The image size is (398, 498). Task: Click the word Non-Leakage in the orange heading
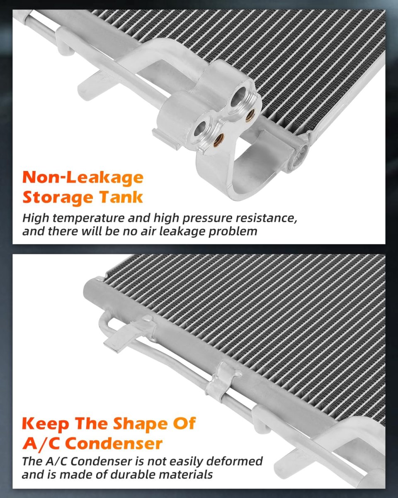(83, 178)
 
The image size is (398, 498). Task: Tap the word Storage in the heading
(58, 198)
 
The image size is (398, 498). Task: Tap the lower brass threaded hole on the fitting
(218, 140)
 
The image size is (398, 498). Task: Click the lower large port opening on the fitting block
(200, 129)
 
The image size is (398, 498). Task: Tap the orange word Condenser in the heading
(114, 443)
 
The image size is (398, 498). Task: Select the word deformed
(234, 461)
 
